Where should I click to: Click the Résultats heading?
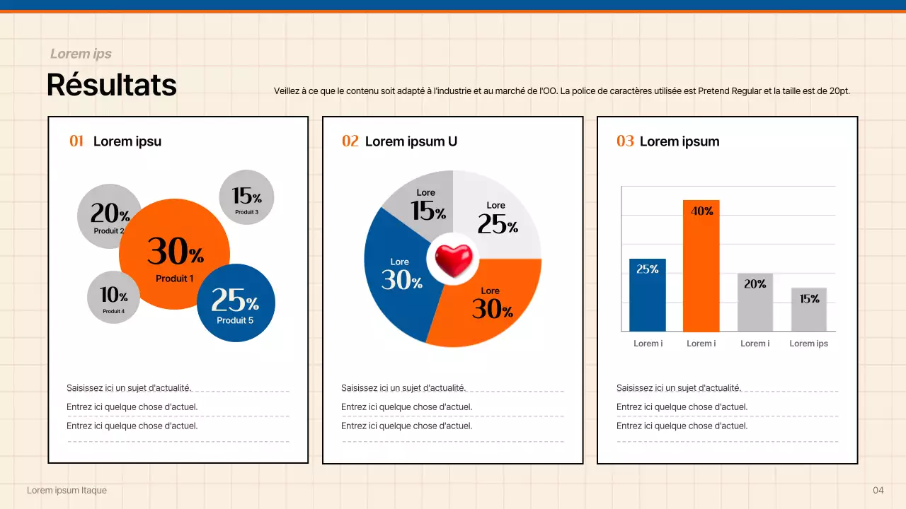click(x=112, y=85)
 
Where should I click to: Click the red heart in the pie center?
click(x=453, y=259)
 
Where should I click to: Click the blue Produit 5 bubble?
click(x=236, y=303)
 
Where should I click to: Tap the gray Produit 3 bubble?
click(x=246, y=197)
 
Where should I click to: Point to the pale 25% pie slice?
click(x=499, y=212)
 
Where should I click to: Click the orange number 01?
click(x=76, y=141)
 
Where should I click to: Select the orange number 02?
click(x=350, y=141)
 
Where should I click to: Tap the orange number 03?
click(x=625, y=141)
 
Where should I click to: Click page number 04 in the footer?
click(x=878, y=491)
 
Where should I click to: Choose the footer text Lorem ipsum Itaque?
click(x=67, y=491)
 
